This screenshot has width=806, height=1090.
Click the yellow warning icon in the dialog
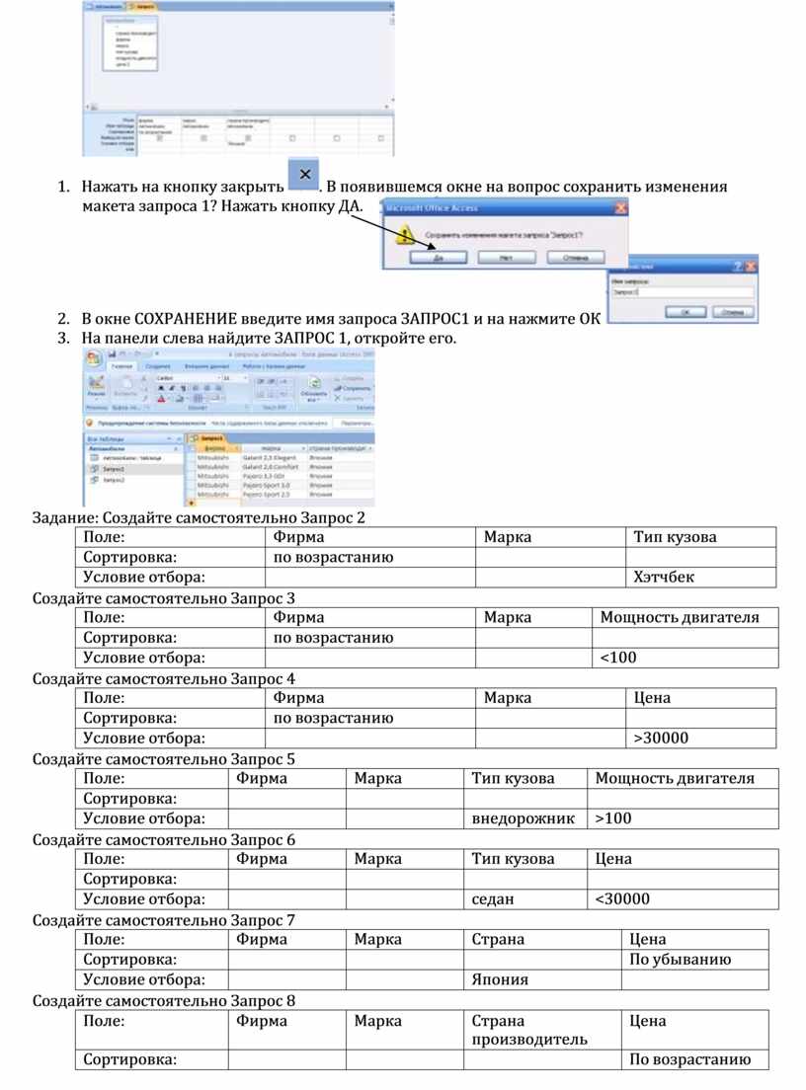click(404, 235)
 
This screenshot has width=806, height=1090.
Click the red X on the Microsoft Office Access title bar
click(620, 208)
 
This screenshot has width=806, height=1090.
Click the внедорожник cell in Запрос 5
click(524, 818)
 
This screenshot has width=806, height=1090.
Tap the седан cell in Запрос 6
click(524, 898)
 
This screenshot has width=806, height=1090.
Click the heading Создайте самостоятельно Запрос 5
click(164, 759)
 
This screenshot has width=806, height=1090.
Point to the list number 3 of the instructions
click(62, 339)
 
